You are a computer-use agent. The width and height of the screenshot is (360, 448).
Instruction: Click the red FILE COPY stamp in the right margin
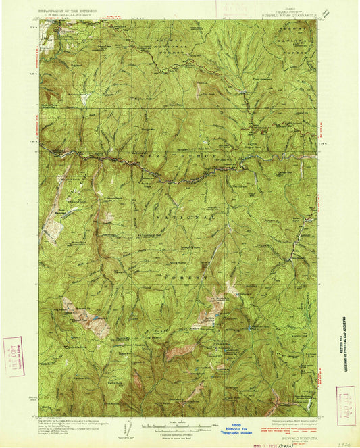coord(345,405)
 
